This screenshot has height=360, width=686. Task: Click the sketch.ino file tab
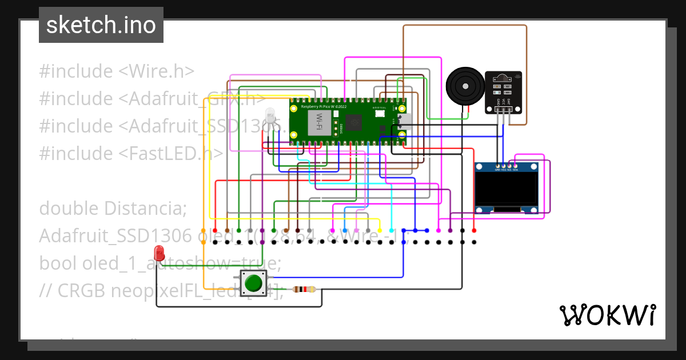pos(101,25)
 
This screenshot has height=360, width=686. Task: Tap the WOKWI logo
pos(607,315)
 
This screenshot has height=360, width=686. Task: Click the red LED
pos(159,252)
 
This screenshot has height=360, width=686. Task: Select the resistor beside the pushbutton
pos(304,289)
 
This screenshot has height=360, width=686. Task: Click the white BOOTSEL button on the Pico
pos(380,114)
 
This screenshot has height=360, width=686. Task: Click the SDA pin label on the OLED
pos(516,170)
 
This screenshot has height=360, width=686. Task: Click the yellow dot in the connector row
pos(379,230)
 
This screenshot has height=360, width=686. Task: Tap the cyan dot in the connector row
pos(391,230)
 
